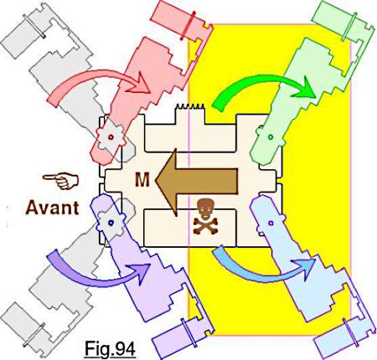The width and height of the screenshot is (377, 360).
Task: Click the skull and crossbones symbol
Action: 205,217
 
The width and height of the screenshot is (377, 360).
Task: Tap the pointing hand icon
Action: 61,181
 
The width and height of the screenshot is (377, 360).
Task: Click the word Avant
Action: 52,208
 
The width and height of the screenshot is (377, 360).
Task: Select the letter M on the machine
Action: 142,180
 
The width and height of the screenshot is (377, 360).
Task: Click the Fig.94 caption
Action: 110,349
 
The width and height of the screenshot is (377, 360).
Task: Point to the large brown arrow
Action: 195,182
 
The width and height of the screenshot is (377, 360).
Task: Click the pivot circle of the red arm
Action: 111,137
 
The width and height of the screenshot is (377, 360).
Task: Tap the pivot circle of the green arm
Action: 271,137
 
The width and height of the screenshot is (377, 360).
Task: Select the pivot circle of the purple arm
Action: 111,223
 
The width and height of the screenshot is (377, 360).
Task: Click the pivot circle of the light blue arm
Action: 271,223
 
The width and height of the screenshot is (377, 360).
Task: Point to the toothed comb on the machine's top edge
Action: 190,107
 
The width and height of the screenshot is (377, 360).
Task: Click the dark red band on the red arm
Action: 187,26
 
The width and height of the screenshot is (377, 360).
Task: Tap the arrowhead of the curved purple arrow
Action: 140,272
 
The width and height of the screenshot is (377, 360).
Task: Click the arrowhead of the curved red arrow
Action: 140,84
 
